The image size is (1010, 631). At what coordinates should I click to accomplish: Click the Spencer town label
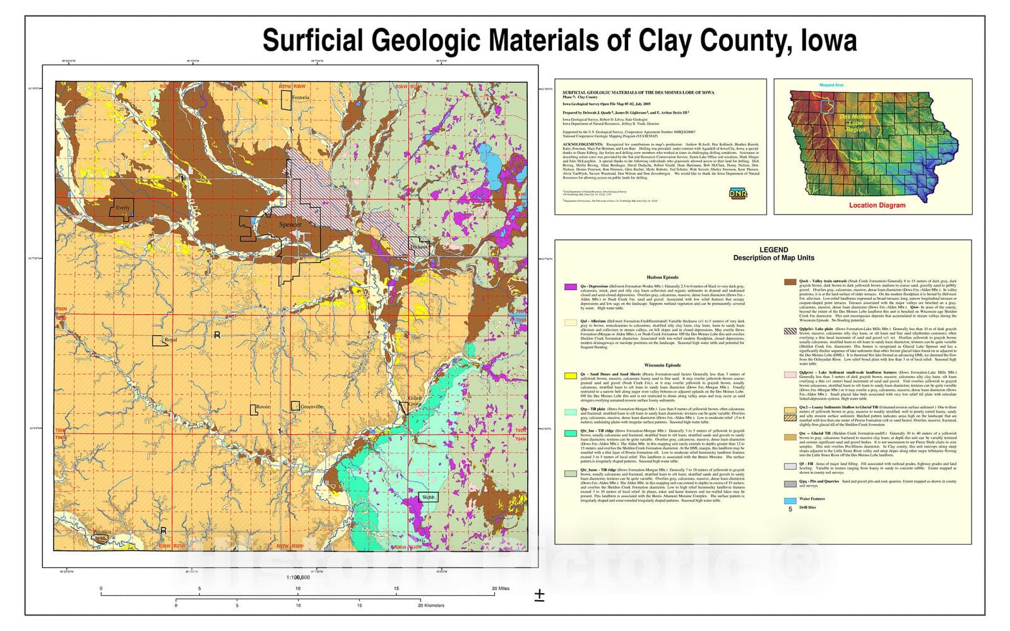coord(290,225)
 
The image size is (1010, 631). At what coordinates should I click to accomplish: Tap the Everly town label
coord(122,208)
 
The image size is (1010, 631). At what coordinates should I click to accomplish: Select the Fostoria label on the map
coord(300,98)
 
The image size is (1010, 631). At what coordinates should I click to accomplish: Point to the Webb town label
coord(428,497)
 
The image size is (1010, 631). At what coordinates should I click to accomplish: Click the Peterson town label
coord(102,533)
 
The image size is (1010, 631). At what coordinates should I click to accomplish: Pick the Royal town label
coord(170,340)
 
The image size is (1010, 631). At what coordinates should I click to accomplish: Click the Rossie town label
coord(263,407)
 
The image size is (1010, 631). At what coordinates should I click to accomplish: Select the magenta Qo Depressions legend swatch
coord(570,287)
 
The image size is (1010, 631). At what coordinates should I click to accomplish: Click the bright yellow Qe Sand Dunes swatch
coord(570,375)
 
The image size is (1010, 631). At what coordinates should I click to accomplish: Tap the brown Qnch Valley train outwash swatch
coord(789,283)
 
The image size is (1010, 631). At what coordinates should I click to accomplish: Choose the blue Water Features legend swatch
coord(789,500)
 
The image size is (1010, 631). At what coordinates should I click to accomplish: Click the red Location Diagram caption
coord(877,206)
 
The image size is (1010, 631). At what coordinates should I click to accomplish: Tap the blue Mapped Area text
coord(831,85)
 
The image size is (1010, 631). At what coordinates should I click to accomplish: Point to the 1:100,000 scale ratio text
coord(298,577)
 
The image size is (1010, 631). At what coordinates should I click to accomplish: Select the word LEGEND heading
coord(773,250)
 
